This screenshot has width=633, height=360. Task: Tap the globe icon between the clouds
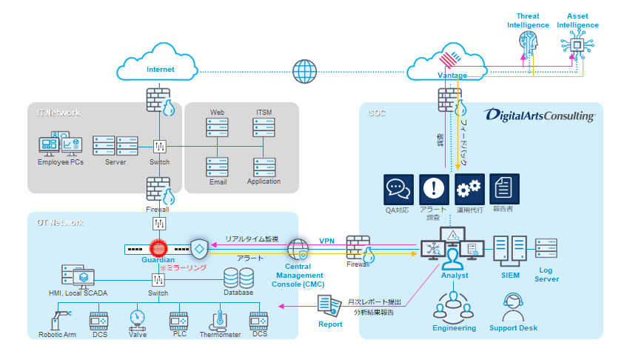[304, 71]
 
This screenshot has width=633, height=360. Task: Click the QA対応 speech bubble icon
[398, 189]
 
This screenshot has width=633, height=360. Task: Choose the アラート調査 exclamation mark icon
[434, 189]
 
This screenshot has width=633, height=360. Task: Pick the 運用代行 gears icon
[469, 189]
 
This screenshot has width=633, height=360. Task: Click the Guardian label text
[158, 260]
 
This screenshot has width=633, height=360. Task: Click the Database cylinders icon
[238, 278]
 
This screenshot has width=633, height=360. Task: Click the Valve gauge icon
[137, 319]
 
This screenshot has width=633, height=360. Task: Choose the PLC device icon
[178, 321]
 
